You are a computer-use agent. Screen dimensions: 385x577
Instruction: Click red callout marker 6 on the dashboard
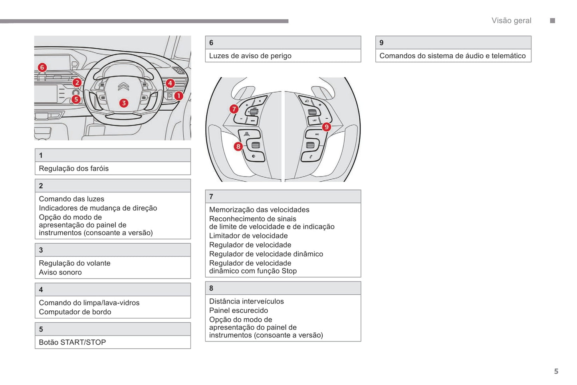[x=42, y=67]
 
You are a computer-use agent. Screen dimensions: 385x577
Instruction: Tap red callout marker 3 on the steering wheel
[x=124, y=103]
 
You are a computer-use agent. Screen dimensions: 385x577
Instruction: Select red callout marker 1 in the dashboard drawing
[x=178, y=96]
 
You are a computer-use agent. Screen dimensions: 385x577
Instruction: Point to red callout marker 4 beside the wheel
[x=170, y=83]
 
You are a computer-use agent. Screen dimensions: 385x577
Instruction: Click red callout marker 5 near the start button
[x=76, y=99]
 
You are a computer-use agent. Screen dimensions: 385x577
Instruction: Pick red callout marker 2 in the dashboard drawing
[x=77, y=83]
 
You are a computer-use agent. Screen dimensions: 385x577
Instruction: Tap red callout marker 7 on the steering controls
[x=234, y=109]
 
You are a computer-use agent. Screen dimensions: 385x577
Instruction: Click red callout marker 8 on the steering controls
[x=238, y=146]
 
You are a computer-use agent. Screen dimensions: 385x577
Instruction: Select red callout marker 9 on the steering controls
[x=327, y=127]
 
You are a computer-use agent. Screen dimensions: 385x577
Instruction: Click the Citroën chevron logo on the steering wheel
[x=123, y=87]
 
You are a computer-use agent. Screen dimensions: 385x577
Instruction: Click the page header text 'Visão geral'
[x=511, y=21]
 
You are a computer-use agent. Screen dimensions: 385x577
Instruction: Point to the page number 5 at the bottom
[x=556, y=371]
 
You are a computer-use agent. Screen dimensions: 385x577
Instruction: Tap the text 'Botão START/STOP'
[x=72, y=342]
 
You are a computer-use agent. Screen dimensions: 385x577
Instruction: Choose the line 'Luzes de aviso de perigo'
[x=250, y=56]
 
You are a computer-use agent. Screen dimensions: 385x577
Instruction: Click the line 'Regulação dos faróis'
[x=74, y=169]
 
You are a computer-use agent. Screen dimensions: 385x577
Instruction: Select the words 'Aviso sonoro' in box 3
[x=60, y=272]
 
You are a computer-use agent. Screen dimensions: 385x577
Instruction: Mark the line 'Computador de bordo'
[x=75, y=312]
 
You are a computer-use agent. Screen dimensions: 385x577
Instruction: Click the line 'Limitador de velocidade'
[x=248, y=236]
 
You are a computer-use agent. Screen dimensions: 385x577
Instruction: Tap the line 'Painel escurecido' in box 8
[x=238, y=310]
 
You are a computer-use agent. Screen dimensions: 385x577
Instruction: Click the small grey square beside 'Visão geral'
[x=553, y=21]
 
